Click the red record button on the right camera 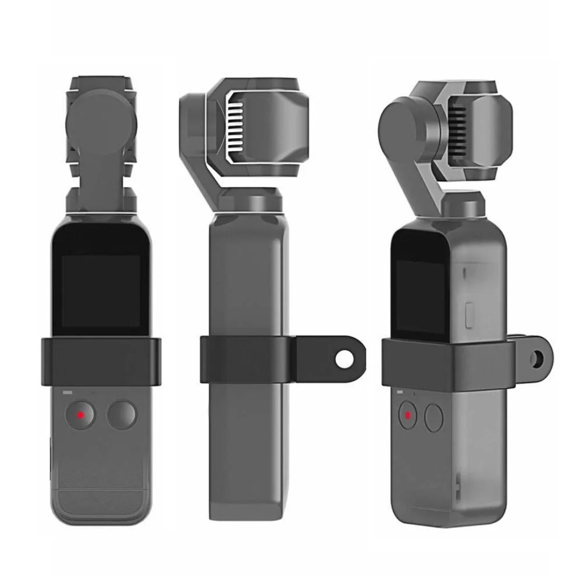pyautogui.click(x=407, y=415)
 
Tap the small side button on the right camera pyautogui.click(x=471, y=314)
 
